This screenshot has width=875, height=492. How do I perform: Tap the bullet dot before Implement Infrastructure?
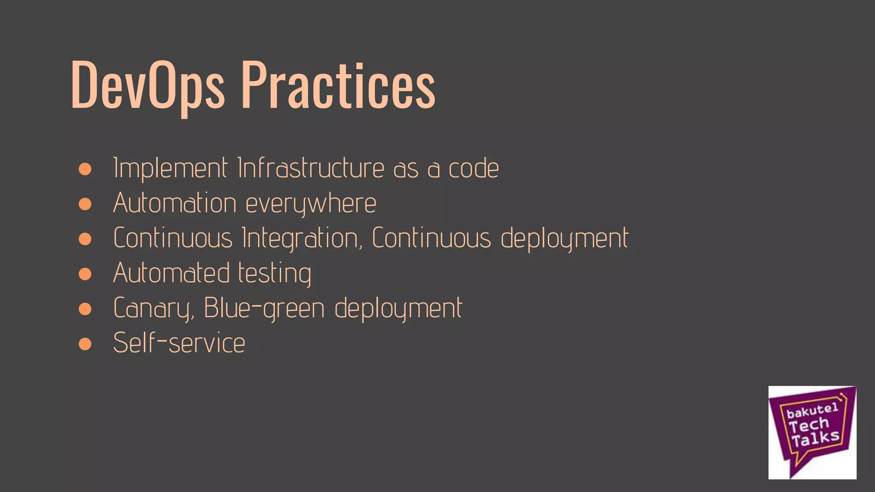[x=85, y=169]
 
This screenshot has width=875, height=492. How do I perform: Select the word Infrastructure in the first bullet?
[x=311, y=168]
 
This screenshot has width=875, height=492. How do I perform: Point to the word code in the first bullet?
[x=473, y=168]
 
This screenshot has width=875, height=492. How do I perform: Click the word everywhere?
[x=311, y=204]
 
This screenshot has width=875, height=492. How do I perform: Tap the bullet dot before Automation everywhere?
[x=85, y=204]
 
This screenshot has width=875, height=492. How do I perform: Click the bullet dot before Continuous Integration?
[x=85, y=239]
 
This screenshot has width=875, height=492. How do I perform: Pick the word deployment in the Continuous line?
[x=564, y=238]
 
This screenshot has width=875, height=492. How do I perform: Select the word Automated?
[x=172, y=273]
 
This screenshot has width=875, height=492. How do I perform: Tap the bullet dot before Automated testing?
[x=85, y=274]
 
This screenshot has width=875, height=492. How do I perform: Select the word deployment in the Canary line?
[x=398, y=308]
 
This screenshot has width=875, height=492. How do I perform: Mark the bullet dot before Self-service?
[x=85, y=344]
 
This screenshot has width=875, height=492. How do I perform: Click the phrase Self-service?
[x=179, y=343]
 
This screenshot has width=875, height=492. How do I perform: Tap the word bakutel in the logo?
[x=812, y=411]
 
